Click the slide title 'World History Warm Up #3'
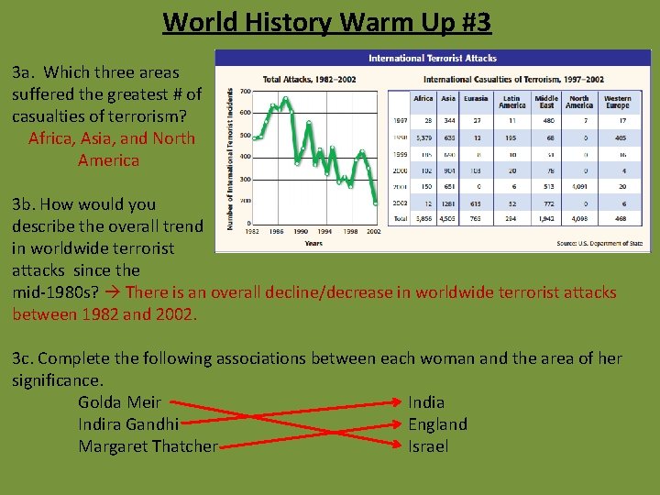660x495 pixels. point(327,21)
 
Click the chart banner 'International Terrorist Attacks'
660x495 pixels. point(432,58)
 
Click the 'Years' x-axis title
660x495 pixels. point(313,244)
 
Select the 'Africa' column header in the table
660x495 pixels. point(423,99)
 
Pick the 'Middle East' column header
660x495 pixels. point(546,102)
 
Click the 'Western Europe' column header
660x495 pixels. point(617,102)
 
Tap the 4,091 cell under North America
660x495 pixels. point(579,186)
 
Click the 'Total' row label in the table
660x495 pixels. point(400,219)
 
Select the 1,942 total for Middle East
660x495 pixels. point(546,219)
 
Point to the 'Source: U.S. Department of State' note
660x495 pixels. point(599,244)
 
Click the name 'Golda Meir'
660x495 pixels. point(119,402)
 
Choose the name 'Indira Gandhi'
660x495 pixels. point(128,424)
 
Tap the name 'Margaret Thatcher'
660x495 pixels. point(148,446)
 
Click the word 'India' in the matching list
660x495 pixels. point(426,402)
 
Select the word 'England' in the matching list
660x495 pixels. point(437,424)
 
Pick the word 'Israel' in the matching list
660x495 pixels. point(428,446)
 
